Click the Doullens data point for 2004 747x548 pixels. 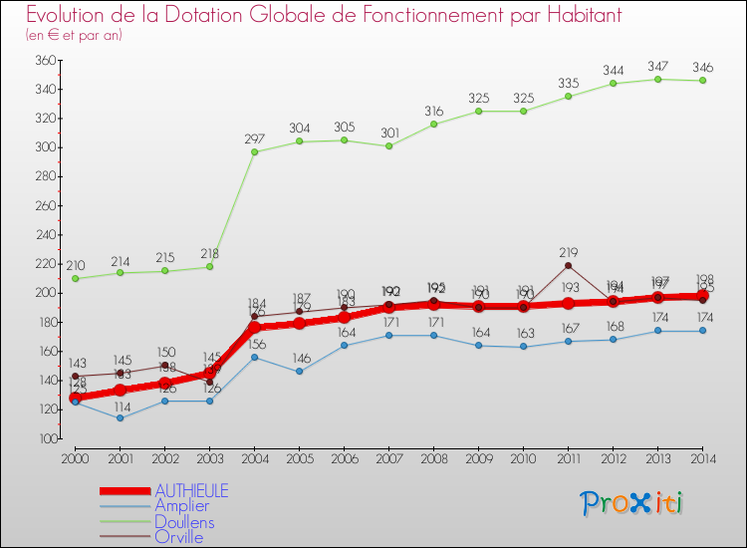coord(254,151)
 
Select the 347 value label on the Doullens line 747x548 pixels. coord(657,65)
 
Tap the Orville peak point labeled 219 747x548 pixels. coord(568,265)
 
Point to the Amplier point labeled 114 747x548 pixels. coord(120,417)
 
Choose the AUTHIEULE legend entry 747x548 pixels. coord(190,491)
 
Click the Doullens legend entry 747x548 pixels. coord(183,521)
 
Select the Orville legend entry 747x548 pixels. coord(178,537)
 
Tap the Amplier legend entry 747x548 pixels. coord(182,506)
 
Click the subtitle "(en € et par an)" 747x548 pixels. coord(75,35)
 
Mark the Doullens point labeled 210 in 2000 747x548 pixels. coord(75,278)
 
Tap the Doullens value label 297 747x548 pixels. coord(254,138)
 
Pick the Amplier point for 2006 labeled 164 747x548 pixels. coord(344,346)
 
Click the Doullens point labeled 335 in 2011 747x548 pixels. coord(568,96)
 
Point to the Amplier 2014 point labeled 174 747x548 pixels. coord(702,331)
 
